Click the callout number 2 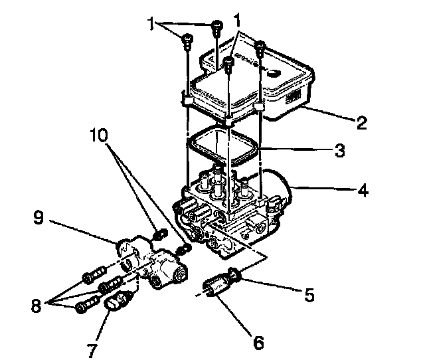361,122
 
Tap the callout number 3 339,151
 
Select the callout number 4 363,191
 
